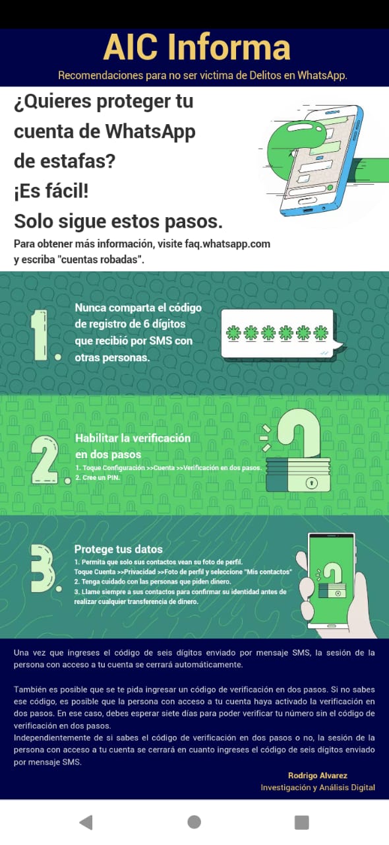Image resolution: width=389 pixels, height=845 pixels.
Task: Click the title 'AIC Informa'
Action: coord(196,47)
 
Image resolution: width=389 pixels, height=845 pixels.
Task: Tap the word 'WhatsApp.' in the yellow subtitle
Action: coord(322,75)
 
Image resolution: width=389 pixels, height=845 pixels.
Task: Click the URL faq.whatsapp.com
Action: coord(227,244)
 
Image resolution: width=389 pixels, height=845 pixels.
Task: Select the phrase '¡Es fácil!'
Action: coord(51,191)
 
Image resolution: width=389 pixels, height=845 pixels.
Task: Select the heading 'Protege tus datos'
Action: coord(119,549)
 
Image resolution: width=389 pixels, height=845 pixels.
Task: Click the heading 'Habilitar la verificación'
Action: coord(133,438)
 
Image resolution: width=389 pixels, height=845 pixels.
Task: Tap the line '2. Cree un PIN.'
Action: coord(98,477)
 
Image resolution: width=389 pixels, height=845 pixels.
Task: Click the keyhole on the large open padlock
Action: coord(311,483)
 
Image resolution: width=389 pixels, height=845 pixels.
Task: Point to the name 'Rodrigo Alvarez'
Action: coord(317,776)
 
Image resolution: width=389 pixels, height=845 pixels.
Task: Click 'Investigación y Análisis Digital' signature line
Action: coord(318,788)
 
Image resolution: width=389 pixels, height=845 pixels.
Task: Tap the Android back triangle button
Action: coord(86,823)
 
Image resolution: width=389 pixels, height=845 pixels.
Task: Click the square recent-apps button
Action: coord(301,823)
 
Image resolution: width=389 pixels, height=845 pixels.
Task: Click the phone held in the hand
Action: coord(332,582)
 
